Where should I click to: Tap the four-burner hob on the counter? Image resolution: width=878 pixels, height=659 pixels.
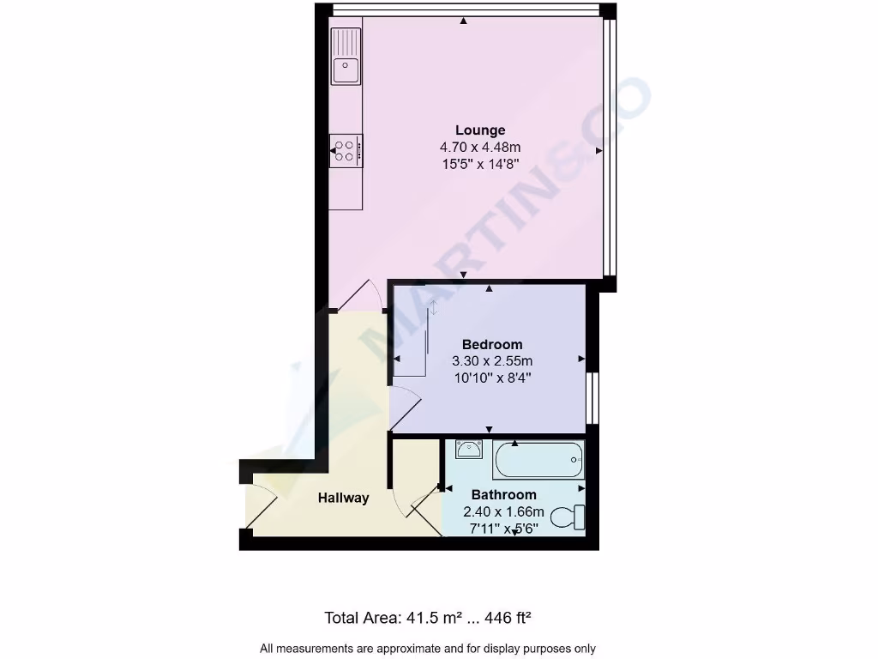346,151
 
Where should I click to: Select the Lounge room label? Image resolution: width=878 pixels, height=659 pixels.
480,130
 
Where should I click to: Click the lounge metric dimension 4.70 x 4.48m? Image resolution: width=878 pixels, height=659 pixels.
480,148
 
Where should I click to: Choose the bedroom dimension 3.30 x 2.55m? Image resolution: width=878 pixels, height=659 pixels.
492,361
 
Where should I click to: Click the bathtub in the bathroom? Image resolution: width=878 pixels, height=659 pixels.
538,461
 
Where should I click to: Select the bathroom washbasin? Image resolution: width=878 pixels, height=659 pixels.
468,450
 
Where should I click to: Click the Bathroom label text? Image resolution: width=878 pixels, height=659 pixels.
504,495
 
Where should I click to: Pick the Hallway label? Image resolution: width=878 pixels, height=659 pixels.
343,498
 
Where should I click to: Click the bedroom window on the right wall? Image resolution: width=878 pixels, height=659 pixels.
592,398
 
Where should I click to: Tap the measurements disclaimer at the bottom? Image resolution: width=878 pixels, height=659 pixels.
428,649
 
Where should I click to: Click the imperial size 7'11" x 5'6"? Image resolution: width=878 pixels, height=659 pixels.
504,528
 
